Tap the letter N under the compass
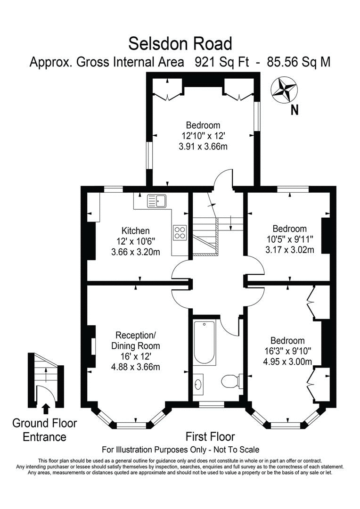pos(295,111)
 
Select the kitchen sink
pos(156,201)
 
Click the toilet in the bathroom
pos(231,380)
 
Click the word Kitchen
pos(136,231)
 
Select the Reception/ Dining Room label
pos(136,341)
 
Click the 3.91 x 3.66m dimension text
pos(203,147)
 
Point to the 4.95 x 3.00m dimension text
pos(287,362)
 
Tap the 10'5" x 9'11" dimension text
pos(289,239)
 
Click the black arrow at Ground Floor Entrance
pos(46,408)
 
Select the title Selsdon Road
pos(180,44)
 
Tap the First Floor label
pos(210,436)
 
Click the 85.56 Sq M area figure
pos(299,62)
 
